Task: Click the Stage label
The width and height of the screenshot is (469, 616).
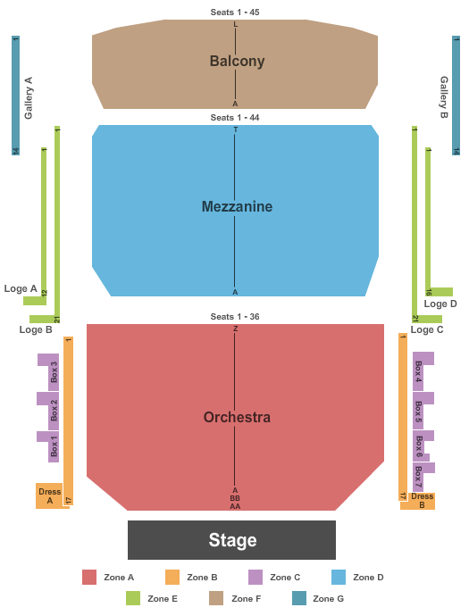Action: pyautogui.click(x=232, y=540)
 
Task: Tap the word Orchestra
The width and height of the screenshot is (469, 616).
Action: pyautogui.click(x=237, y=417)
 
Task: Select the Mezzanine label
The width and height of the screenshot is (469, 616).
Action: pyautogui.click(x=237, y=206)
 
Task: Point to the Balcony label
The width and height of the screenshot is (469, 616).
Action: pyautogui.click(x=237, y=62)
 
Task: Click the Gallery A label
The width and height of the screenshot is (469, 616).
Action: pyautogui.click(x=29, y=98)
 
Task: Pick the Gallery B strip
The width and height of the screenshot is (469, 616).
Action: pyautogui.click(x=456, y=96)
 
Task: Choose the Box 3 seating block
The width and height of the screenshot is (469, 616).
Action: pyautogui.click(x=49, y=371)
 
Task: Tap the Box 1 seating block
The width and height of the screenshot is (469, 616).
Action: pyautogui.click(x=49, y=446)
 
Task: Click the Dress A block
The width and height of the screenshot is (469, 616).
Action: pyautogui.click(x=49, y=495)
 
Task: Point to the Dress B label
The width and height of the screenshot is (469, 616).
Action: pyautogui.click(x=422, y=501)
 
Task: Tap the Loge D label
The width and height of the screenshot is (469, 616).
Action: pyautogui.click(x=440, y=304)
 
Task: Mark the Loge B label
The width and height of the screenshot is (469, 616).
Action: pyautogui.click(x=36, y=329)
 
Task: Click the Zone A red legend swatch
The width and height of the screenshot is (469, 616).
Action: pyautogui.click(x=89, y=577)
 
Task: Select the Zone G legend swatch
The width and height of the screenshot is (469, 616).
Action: pyautogui.click(x=299, y=598)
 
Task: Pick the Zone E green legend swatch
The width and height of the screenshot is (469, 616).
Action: pyautogui.click(x=133, y=598)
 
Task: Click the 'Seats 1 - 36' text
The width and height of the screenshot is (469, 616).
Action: pyautogui.click(x=235, y=317)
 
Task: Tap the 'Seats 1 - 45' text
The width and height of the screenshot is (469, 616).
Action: pyautogui.click(x=235, y=12)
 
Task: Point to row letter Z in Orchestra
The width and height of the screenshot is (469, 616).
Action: pyautogui.click(x=235, y=329)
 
